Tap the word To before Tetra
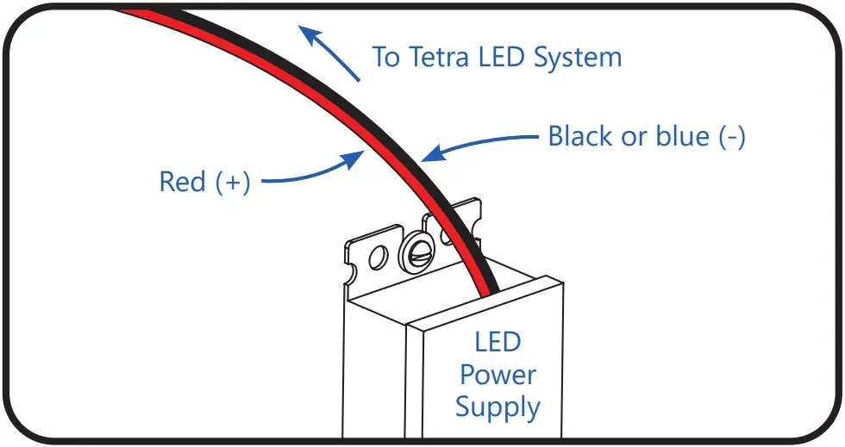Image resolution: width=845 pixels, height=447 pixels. click(385, 59)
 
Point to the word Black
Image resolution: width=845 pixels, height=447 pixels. click(583, 137)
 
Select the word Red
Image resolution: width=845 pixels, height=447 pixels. click(182, 183)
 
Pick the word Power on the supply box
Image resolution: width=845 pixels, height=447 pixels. click(498, 375)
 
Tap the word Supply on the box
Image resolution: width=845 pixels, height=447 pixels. click(498, 407)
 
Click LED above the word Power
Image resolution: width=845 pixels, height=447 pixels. click(498, 343)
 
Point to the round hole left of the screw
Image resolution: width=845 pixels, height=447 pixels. click(377, 256)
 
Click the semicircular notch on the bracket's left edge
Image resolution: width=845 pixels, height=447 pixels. click(351, 276)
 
